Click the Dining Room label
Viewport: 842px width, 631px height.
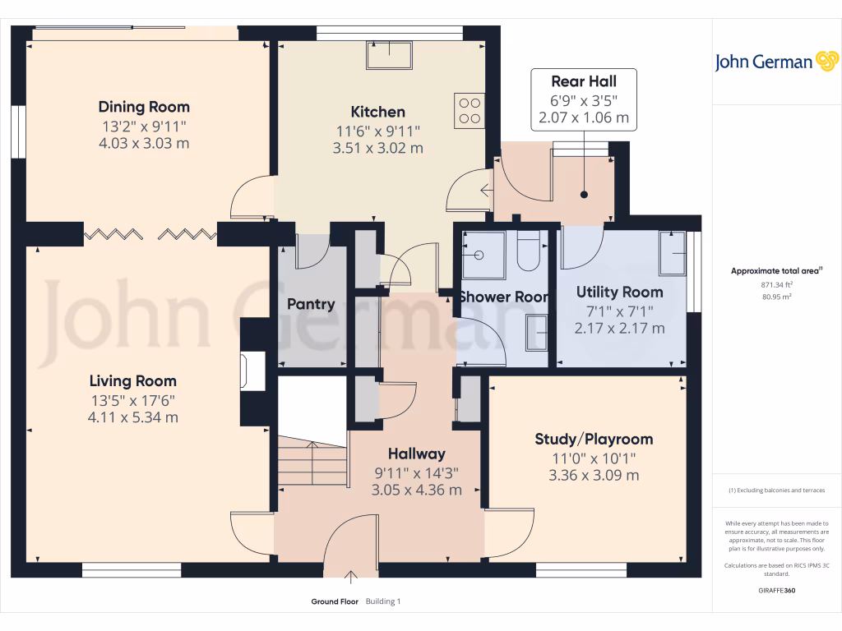144,107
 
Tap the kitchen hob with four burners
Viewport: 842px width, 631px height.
469,111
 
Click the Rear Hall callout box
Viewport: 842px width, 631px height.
583,99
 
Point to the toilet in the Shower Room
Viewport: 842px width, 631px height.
528,251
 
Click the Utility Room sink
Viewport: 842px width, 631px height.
672,253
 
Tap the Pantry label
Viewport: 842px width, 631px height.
311,304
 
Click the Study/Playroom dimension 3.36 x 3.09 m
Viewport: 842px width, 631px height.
594,476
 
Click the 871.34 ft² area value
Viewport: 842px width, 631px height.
776,284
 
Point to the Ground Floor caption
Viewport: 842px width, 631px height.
334,601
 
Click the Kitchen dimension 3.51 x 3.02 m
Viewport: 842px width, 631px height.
378,149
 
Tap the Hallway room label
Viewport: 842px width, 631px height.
416,454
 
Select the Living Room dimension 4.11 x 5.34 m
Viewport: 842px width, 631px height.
133,417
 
